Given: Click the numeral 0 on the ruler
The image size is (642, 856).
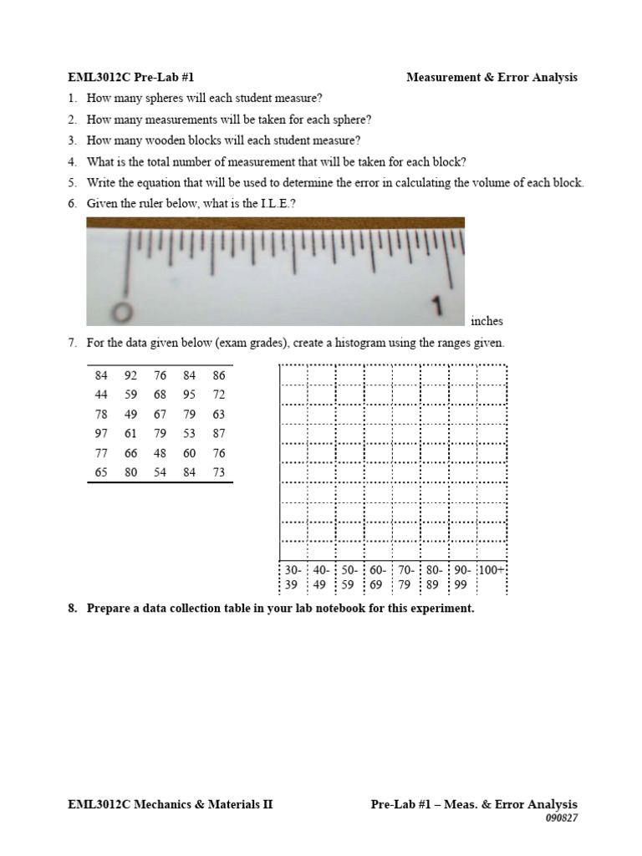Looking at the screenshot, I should click(x=124, y=311).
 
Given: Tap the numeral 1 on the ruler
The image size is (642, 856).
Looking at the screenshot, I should click(x=436, y=307).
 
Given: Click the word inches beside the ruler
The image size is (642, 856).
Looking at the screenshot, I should click(x=487, y=321).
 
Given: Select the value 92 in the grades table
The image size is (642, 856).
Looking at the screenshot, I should click(x=130, y=375).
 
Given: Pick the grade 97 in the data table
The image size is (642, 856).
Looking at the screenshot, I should click(x=101, y=433).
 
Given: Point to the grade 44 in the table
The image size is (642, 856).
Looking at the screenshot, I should click(x=101, y=395).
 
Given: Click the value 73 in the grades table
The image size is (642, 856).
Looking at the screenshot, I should click(x=219, y=472).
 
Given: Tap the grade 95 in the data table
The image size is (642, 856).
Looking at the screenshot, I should click(x=189, y=395).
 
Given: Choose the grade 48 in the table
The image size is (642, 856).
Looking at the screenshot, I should click(x=160, y=453).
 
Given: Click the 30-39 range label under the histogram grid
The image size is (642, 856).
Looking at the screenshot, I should click(x=292, y=578).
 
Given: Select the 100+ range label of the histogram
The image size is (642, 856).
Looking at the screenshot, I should click(x=492, y=570).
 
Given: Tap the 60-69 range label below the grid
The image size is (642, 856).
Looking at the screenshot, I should click(x=377, y=578).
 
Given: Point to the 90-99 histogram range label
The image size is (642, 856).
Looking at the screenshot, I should click(x=462, y=578).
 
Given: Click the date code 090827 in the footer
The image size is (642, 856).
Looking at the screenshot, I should click(x=561, y=818).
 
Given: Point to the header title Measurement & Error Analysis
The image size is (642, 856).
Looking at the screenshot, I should click(x=492, y=78).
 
